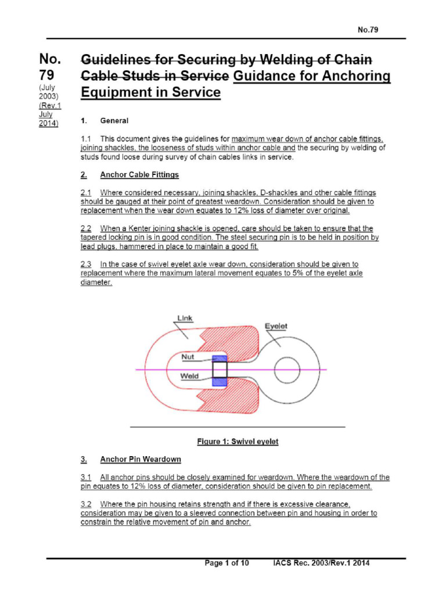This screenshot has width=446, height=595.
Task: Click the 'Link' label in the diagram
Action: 185,318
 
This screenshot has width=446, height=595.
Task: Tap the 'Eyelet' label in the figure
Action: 276,327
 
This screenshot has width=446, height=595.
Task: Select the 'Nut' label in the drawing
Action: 188,357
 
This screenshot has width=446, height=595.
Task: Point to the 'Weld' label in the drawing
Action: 189,377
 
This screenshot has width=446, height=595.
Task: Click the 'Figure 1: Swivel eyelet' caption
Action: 238,442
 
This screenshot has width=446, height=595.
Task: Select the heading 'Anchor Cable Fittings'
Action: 139,174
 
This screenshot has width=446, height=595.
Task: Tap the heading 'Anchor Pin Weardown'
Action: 141,460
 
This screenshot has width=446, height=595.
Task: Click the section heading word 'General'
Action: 114,121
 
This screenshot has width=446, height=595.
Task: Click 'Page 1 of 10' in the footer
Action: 227,563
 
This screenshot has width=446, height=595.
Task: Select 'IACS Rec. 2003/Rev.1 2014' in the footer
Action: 321,563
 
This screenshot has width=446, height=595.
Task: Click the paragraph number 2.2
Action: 86,228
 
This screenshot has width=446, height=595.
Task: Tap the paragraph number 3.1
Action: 86,478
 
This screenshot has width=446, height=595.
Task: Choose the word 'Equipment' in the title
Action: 114,92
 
